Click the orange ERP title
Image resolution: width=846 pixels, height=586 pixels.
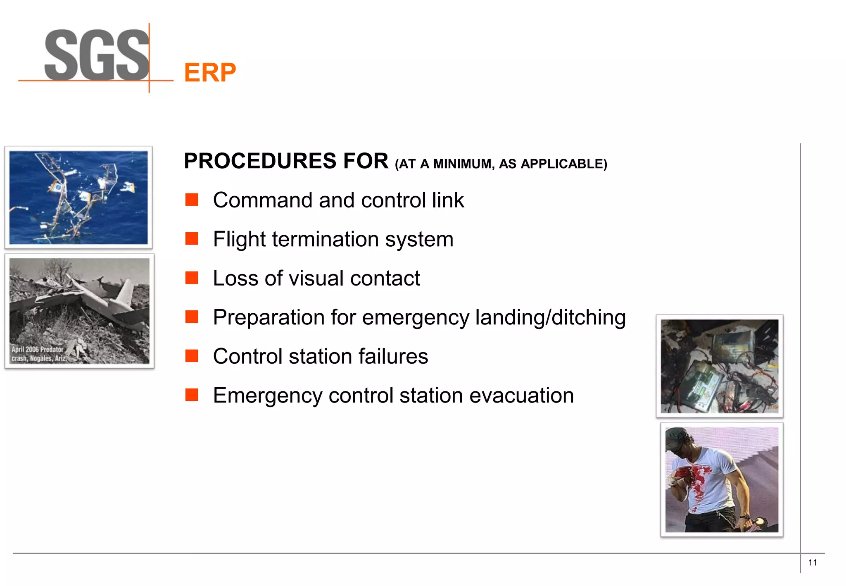[x=210, y=73]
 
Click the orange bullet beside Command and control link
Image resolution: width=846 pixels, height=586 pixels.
[x=192, y=200]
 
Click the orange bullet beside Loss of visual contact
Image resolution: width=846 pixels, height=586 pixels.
[x=192, y=278]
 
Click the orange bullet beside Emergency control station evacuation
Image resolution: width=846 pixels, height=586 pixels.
[x=192, y=395]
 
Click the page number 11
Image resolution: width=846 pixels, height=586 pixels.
[x=812, y=562]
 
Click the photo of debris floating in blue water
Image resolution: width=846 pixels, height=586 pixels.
[x=78, y=197]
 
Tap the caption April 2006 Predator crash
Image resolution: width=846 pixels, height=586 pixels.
[x=38, y=354]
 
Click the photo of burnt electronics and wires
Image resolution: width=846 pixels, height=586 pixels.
[x=719, y=366]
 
